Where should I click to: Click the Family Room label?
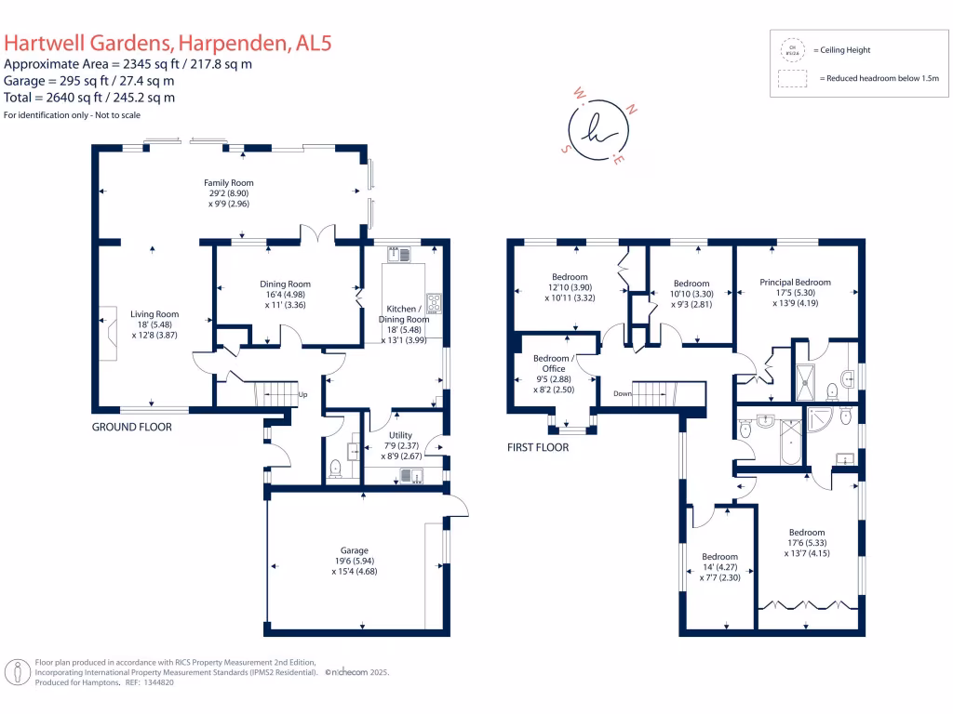point(229,183)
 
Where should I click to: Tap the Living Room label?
point(154,314)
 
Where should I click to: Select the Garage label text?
point(354,550)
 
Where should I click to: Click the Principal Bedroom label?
point(795,283)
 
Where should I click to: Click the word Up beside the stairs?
point(302,394)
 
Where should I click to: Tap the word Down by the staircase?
point(623,394)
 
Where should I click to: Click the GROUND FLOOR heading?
point(131,428)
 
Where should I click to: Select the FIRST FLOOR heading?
point(538,447)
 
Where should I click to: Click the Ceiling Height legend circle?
point(793,49)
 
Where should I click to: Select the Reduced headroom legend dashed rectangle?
point(793,79)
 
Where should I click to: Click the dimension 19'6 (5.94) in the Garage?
point(354,562)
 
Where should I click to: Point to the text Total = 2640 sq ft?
point(89,98)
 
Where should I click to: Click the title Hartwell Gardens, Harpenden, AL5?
point(168,43)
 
